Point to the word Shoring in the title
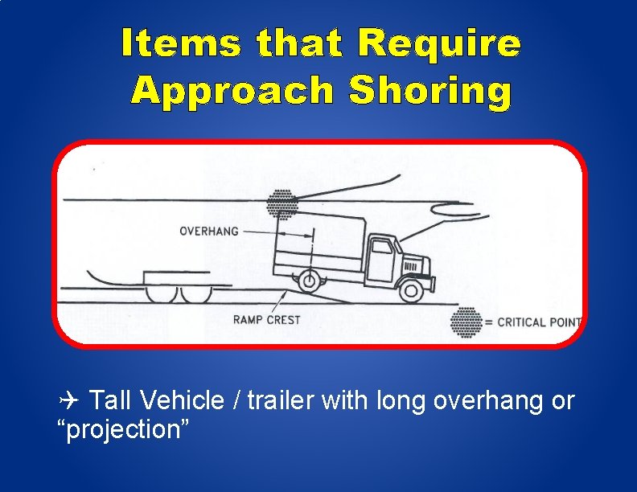[430, 91]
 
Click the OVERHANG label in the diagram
[209, 232]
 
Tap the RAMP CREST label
[266, 320]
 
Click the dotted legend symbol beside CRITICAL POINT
[466, 322]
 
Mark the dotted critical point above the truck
[282, 203]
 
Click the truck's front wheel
[412, 289]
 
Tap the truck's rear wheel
[306, 281]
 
